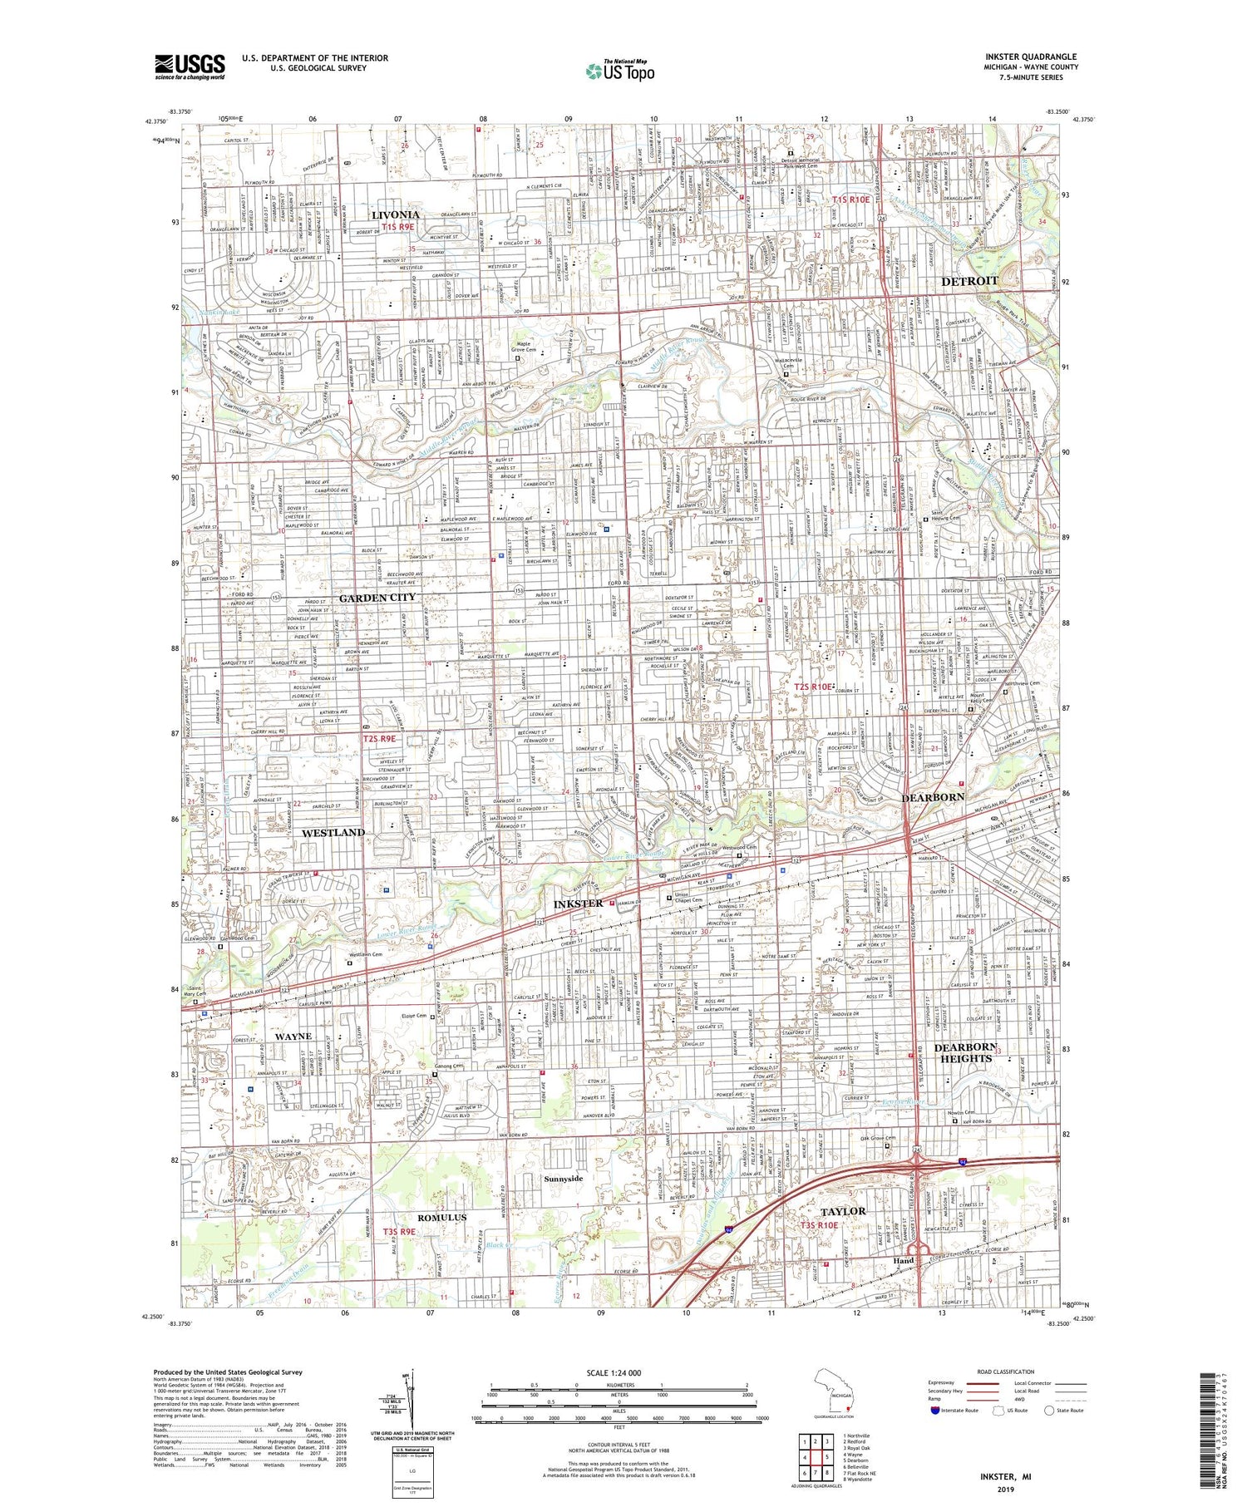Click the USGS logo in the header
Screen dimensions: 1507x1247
(190, 66)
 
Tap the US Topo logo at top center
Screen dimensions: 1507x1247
(619, 71)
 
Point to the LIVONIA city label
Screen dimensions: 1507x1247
(395, 214)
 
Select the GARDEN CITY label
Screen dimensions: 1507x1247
(377, 597)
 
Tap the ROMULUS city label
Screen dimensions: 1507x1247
(441, 1217)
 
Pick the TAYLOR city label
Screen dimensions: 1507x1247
(843, 1211)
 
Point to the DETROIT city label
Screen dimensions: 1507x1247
(969, 281)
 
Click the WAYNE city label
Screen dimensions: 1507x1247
(293, 1036)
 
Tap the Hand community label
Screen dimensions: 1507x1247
(903, 1260)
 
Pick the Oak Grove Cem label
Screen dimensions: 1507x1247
(878, 1138)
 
